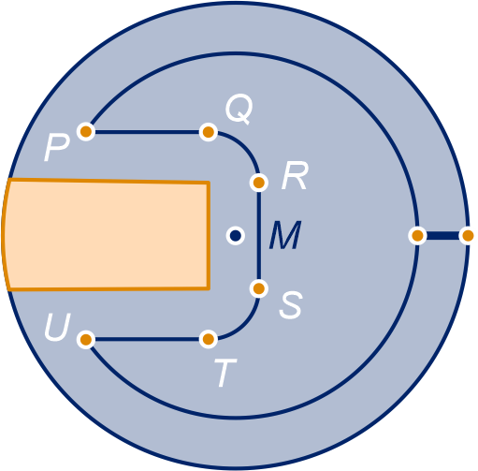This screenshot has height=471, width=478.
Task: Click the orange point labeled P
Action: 86,132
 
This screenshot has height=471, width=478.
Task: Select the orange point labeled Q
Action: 209,132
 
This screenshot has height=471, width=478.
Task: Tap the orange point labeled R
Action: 259,183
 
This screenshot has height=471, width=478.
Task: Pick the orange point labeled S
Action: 259,288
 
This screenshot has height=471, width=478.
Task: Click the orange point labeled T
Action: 209,339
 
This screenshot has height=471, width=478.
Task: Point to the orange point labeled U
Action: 86,339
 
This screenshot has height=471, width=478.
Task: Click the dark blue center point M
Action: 236,235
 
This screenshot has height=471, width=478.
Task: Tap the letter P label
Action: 56,149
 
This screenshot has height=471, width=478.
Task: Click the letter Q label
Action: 239,110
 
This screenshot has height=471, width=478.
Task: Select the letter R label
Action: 295,176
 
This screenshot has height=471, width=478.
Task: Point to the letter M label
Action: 285,235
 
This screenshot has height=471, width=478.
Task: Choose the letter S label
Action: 291,305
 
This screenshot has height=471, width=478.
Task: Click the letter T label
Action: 225,373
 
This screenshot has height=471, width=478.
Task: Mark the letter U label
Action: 58,327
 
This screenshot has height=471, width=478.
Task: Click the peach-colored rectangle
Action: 106,235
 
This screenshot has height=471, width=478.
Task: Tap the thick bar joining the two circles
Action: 442,236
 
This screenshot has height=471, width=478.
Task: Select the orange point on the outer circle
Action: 468,236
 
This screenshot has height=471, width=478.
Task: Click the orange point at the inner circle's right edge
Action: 417,236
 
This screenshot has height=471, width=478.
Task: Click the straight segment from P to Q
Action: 147,132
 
